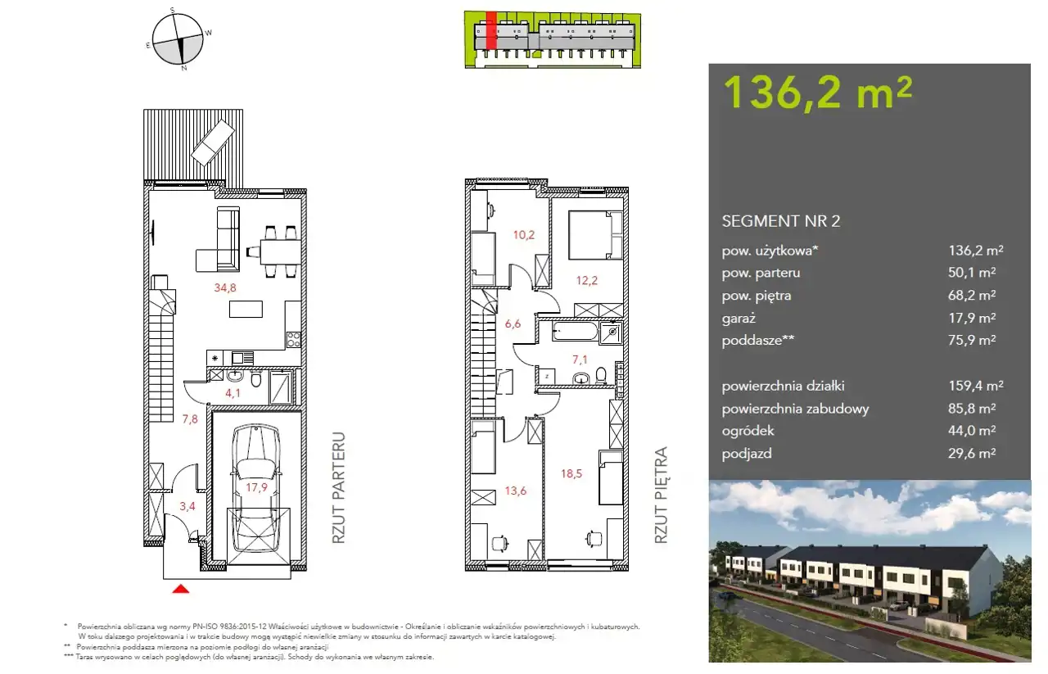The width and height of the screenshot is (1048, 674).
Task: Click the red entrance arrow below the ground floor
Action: (x=181, y=589)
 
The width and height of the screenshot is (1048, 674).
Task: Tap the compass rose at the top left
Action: (x=178, y=38)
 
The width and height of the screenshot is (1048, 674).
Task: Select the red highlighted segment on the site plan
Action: (x=490, y=30)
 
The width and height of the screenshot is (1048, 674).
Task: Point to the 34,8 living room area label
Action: (x=225, y=287)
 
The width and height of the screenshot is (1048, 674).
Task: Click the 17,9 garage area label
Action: (x=256, y=488)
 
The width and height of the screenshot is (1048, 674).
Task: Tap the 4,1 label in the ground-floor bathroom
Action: (x=233, y=393)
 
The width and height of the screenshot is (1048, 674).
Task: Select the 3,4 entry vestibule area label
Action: (x=187, y=506)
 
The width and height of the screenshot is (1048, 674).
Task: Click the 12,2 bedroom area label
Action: (x=587, y=280)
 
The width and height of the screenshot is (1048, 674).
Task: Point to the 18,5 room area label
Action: (x=571, y=473)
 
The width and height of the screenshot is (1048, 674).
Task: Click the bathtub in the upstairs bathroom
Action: (x=575, y=332)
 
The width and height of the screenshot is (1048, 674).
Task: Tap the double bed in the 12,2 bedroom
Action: (x=595, y=235)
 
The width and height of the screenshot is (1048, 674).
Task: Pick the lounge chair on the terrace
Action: (x=213, y=142)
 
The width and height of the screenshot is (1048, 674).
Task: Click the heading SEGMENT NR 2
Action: (x=781, y=221)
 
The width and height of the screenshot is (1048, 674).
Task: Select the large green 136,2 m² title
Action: (x=818, y=93)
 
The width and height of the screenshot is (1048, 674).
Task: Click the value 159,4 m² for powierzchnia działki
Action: (x=976, y=386)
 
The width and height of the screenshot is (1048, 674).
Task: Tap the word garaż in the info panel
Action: (x=739, y=319)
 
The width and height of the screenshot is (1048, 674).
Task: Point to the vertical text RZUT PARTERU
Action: (x=338, y=488)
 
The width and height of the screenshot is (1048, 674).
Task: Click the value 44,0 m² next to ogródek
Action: (x=972, y=430)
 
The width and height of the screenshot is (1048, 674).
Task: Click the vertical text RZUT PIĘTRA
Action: (x=660, y=495)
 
